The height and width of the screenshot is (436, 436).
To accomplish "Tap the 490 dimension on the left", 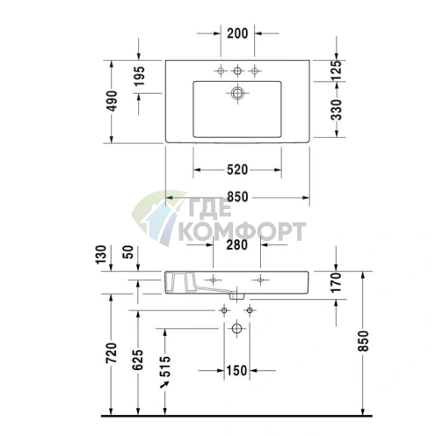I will click(x=110, y=101).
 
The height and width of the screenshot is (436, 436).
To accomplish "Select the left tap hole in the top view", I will click(x=218, y=70).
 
